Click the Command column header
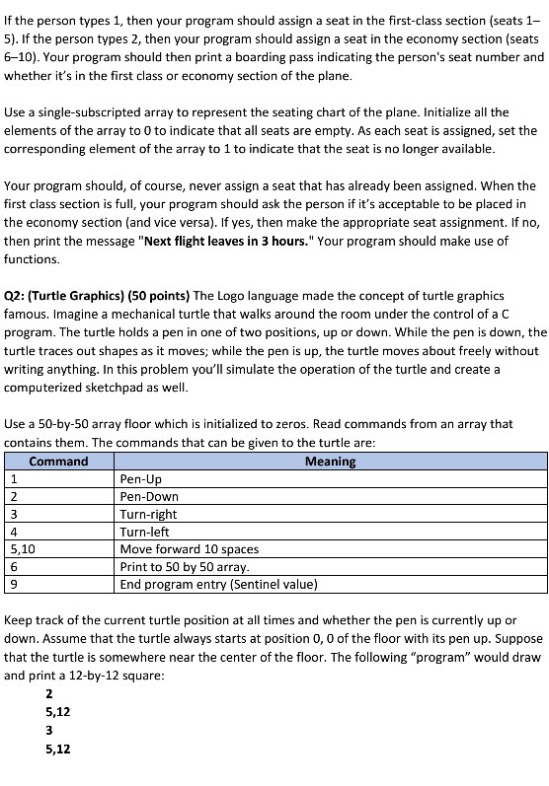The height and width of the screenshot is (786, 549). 58,461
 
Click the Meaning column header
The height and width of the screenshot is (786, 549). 330,461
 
